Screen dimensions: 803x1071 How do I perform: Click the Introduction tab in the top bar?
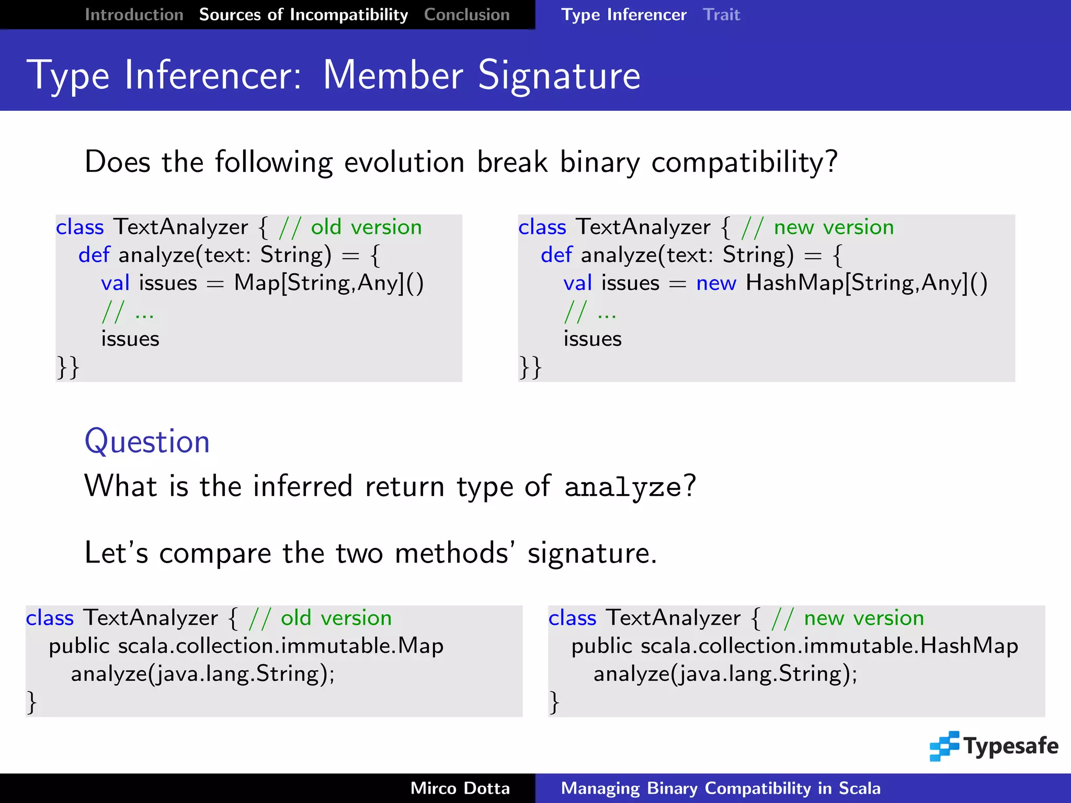(134, 15)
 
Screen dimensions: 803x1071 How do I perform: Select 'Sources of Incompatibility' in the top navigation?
(303, 15)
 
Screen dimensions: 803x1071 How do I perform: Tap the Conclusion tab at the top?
(466, 15)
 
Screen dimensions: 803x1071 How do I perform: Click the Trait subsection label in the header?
(721, 15)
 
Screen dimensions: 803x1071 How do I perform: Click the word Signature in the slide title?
(559, 76)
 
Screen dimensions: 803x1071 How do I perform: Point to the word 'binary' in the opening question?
(600, 162)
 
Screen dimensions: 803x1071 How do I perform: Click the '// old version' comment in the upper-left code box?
(350, 227)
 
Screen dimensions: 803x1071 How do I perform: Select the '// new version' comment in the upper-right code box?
(818, 227)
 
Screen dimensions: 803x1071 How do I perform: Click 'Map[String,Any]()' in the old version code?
(328, 283)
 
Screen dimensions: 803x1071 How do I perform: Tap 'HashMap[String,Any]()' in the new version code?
(867, 283)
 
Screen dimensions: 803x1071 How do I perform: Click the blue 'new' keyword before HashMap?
(716, 283)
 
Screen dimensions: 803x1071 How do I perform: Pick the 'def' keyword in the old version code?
(94, 255)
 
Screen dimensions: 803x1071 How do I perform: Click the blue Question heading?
(147, 442)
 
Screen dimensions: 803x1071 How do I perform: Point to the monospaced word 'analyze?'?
(630, 487)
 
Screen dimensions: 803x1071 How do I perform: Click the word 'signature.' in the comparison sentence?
(591, 553)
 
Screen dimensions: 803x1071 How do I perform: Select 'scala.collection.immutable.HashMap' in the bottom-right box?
(829, 646)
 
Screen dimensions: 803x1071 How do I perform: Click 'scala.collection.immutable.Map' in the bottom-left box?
(280, 646)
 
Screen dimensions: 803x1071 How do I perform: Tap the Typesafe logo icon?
(944, 746)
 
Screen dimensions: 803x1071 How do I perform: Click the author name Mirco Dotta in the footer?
(460, 788)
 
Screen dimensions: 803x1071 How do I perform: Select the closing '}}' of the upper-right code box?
(530, 367)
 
